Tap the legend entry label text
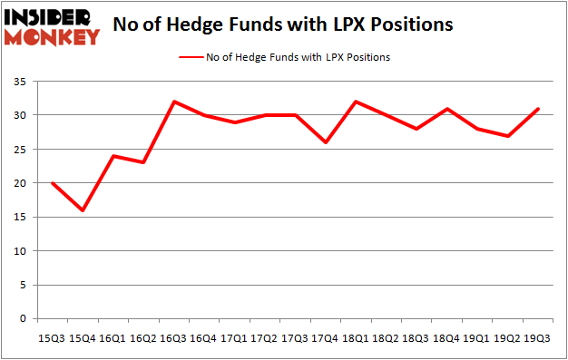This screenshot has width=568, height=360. (299, 57)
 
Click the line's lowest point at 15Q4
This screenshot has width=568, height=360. (82, 210)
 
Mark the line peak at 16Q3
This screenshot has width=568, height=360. (172, 102)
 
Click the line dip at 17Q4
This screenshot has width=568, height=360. (324, 142)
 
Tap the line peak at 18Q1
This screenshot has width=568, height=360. (355, 102)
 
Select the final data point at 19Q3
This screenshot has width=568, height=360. (537, 109)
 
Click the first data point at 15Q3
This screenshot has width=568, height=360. (52, 183)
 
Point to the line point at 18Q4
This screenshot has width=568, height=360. (446, 109)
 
